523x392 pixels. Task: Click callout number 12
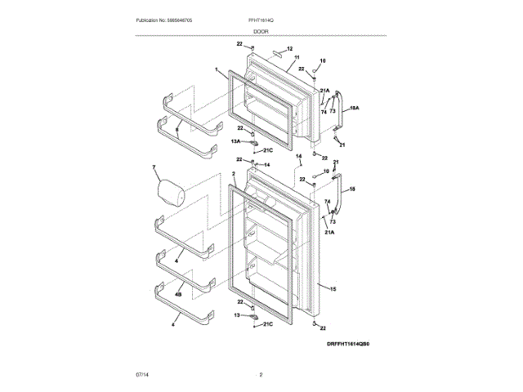[x=289, y=49]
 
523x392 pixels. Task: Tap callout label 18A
[x=355, y=107]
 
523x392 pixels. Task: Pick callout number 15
[x=333, y=287]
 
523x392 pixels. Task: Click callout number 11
[x=284, y=58]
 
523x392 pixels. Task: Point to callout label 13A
[x=235, y=141]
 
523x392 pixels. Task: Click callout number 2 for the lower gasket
[x=234, y=174]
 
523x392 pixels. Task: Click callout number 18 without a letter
[x=352, y=189]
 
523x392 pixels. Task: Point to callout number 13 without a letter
[x=237, y=314]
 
